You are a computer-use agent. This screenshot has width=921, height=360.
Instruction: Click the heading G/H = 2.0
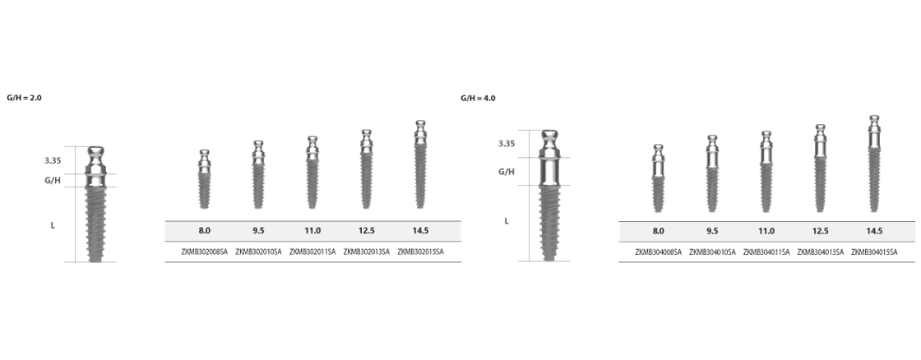[x=25, y=98]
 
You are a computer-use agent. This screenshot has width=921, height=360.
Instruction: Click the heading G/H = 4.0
[x=478, y=98]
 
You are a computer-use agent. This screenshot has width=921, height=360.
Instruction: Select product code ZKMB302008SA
[x=205, y=252]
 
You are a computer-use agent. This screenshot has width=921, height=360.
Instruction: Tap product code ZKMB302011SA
[x=312, y=252]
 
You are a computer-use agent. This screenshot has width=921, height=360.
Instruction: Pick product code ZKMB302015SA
[x=420, y=252]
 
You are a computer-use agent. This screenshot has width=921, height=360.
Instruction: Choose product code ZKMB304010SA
[x=712, y=252]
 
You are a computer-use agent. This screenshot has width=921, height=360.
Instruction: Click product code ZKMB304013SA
[x=821, y=252]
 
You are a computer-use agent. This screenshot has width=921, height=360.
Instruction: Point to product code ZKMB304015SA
[x=875, y=252]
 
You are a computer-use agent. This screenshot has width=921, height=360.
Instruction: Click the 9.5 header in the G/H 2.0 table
[x=258, y=231]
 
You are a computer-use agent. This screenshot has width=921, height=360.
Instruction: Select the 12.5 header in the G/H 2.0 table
[x=367, y=231]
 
